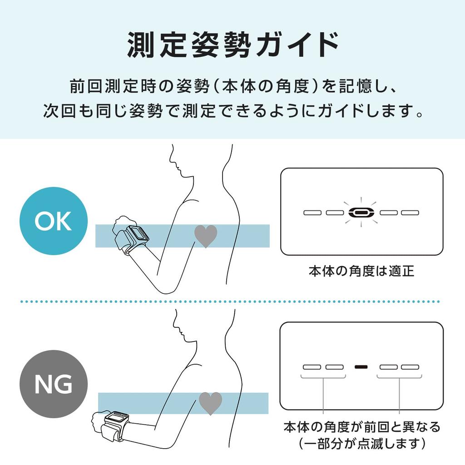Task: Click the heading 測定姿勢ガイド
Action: point(233,45)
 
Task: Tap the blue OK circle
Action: point(54,221)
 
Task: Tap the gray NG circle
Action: point(54,384)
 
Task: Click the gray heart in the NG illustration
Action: point(210,403)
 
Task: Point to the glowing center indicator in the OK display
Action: point(361,213)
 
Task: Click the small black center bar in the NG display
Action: point(361,367)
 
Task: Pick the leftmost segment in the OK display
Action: point(312,213)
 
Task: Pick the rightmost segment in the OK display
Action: point(410,213)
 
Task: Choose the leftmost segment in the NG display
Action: point(312,367)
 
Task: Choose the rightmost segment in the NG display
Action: point(410,367)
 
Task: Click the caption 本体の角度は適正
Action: point(361,271)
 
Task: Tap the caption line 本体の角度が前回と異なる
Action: point(362,427)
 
